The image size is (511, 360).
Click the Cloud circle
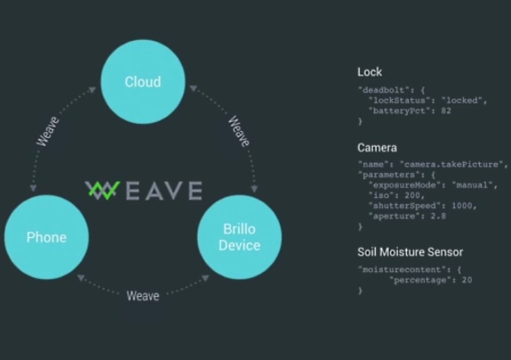tap(143, 81)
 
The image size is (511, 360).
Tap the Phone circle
tap(46, 237)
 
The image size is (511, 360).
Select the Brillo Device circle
tap(239, 237)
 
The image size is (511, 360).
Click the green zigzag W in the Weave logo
tap(102, 190)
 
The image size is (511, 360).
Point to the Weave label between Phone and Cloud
tap(48, 131)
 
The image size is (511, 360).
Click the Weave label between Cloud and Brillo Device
tap(239, 131)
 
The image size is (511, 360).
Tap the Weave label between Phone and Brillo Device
tap(142, 296)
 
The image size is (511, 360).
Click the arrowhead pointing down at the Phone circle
tap(33, 188)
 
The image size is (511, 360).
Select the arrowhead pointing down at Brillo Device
tap(255, 189)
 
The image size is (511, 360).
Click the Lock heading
tap(369, 72)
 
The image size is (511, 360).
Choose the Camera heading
tap(377, 148)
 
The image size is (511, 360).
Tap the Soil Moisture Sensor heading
tap(410, 252)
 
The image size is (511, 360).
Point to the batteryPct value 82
tap(446, 110)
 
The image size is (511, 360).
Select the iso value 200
tap(412, 195)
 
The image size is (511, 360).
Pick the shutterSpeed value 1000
tap(462, 206)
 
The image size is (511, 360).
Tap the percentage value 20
tap(467, 280)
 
